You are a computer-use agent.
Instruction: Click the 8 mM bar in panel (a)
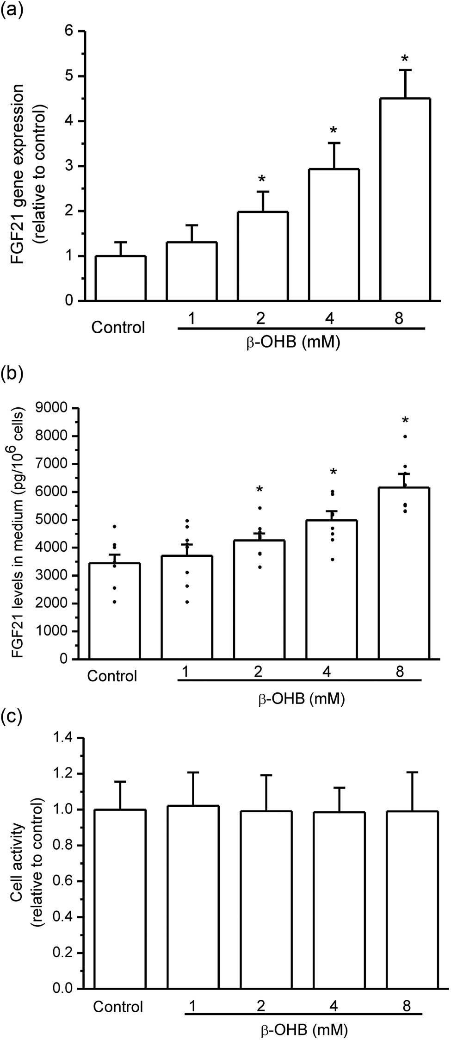[405, 199]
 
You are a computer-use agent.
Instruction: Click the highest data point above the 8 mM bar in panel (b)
[405, 436]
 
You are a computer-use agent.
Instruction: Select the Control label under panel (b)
[112, 676]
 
